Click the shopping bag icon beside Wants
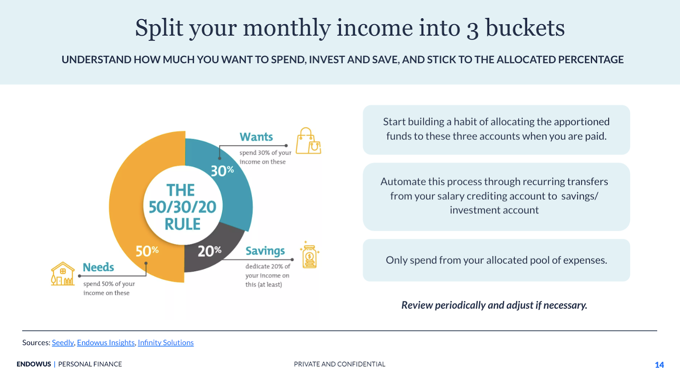pos(308,141)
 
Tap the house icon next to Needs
pos(62,274)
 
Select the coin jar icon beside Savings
pos(309,255)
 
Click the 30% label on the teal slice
pos(222,171)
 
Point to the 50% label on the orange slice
pos(147,251)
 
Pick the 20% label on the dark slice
pos(210,251)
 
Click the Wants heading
pos(256,137)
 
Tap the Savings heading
pos(265,251)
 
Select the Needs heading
pos(98,267)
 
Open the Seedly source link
pos(63,343)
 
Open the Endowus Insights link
pos(106,343)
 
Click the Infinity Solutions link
pos(166,343)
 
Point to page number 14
pos(659,365)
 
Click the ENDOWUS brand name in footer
pos(34,364)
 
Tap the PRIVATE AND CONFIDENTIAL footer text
pos(340,364)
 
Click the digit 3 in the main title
pos(473,29)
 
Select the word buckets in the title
pos(525,28)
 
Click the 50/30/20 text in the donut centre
pos(182,207)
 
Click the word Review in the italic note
pos(417,305)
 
